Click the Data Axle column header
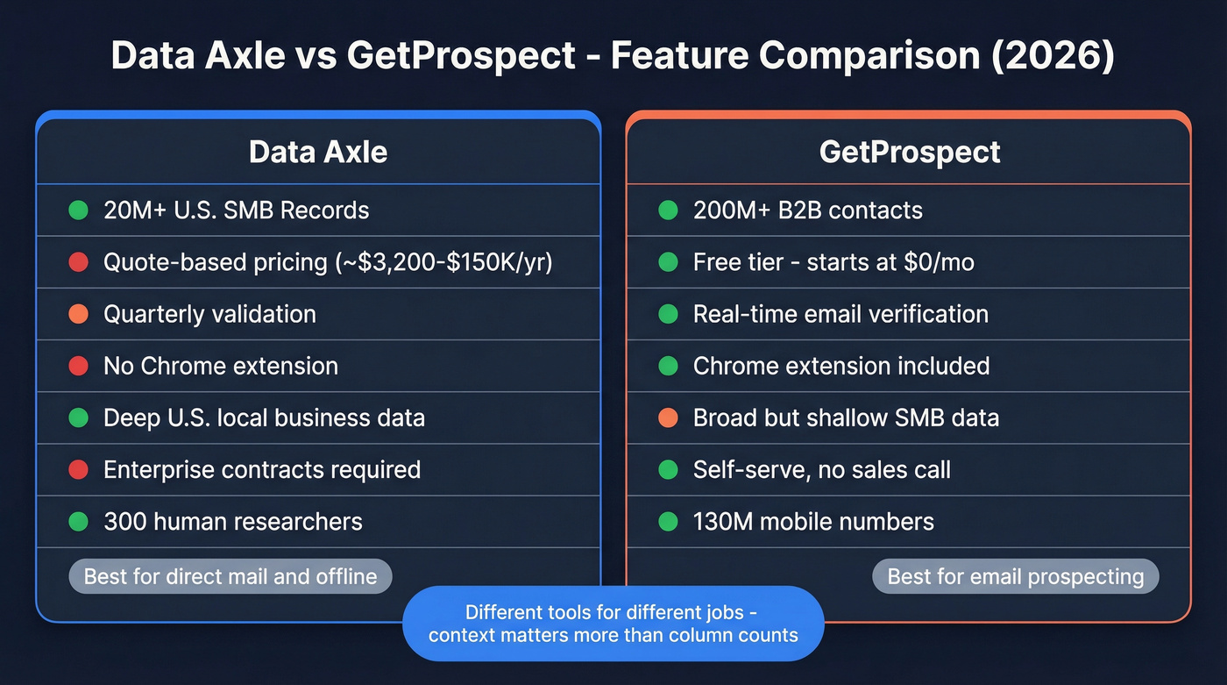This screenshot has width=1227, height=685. [x=317, y=152]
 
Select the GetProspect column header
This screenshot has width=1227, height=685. [x=909, y=152]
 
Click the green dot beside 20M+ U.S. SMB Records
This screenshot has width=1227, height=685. [x=79, y=210]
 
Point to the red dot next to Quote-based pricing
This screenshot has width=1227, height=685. [x=79, y=262]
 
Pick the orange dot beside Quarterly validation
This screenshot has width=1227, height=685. [x=79, y=314]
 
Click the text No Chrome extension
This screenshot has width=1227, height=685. [x=220, y=366]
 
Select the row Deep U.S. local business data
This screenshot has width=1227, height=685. [x=264, y=417]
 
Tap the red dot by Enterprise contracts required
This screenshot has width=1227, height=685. [x=79, y=469]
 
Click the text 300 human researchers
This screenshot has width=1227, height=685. [x=232, y=521]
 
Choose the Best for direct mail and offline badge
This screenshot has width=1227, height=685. [x=230, y=576]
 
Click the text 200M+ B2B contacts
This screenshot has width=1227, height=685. [x=807, y=210]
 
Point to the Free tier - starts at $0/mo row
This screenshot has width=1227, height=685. [x=833, y=262]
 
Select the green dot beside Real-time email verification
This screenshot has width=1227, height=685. [x=669, y=314]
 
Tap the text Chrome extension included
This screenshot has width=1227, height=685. [x=840, y=366]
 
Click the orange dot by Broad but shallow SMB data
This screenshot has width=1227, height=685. [x=669, y=417]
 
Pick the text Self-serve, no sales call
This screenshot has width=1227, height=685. [x=821, y=469]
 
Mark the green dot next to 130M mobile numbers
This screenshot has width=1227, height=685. [x=669, y=521]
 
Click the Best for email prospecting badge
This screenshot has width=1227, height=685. [x=1015, y=576]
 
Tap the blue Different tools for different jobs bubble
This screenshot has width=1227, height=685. [x=613, y=623]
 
